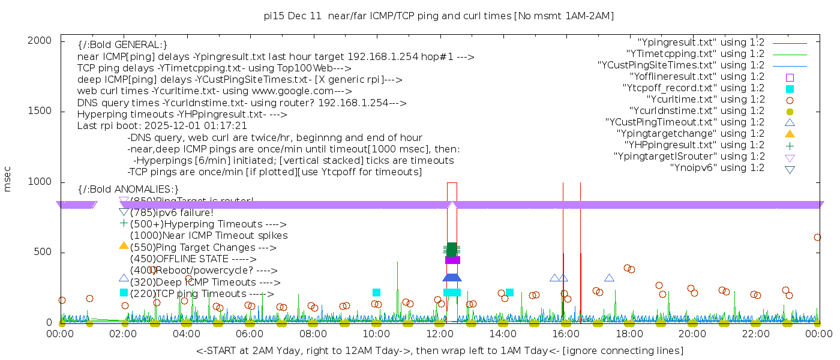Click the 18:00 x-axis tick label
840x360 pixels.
pyautogui.click(x=629, y=334)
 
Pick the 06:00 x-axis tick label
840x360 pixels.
pyautogui.click(x=250, y=334)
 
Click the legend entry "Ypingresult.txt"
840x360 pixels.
pyautogui.click(x=701, y=42)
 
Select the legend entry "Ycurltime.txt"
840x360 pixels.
pyautogui.click(x=705, y=99)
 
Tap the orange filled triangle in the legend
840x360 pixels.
pyautogui.click(x=790, y=133)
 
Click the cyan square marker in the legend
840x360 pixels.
pyautogui.click(x=790, y=88)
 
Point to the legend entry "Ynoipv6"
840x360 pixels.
pyautogui.click(x=717, y=167)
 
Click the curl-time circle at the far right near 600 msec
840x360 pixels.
pyautogui.click(x=817, y=238)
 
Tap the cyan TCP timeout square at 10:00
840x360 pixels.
pyautogui.click(x=376, y=293)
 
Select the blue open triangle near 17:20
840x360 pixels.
pyautogui.click(x=609, y=278)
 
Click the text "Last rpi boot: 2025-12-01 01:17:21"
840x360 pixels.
pyautogui.click(x=162, y=126)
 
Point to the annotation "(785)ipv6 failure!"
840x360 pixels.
pyautogui.click(x=172, y=212)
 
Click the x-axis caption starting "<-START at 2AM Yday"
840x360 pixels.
pyautogui.click(x=439, y=350)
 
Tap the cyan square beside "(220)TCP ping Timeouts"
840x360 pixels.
pyautogui.click(x=124, y=293)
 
